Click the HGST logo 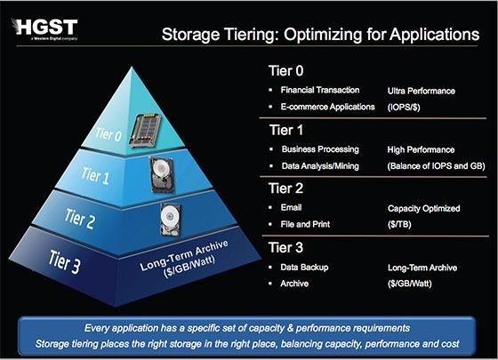[44, 29]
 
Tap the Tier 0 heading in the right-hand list [285, 71]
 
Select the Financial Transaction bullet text [320, 90]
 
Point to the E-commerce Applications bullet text [327, 107]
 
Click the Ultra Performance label [422, 91]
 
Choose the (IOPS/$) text [404, 108]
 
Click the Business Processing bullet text [320, 149]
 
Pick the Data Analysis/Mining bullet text [320, 166]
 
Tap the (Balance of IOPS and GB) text [437, 166]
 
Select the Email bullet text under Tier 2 [291, 208]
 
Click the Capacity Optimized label [423, 209]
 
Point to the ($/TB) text [399, 224]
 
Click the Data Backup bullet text [304, 268]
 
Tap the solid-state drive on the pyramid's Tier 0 [145, 130]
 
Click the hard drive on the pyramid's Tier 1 [162, 174]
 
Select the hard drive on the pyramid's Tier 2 [170, 220]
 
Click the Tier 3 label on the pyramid [64, 262]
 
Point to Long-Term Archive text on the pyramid [184, 255]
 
